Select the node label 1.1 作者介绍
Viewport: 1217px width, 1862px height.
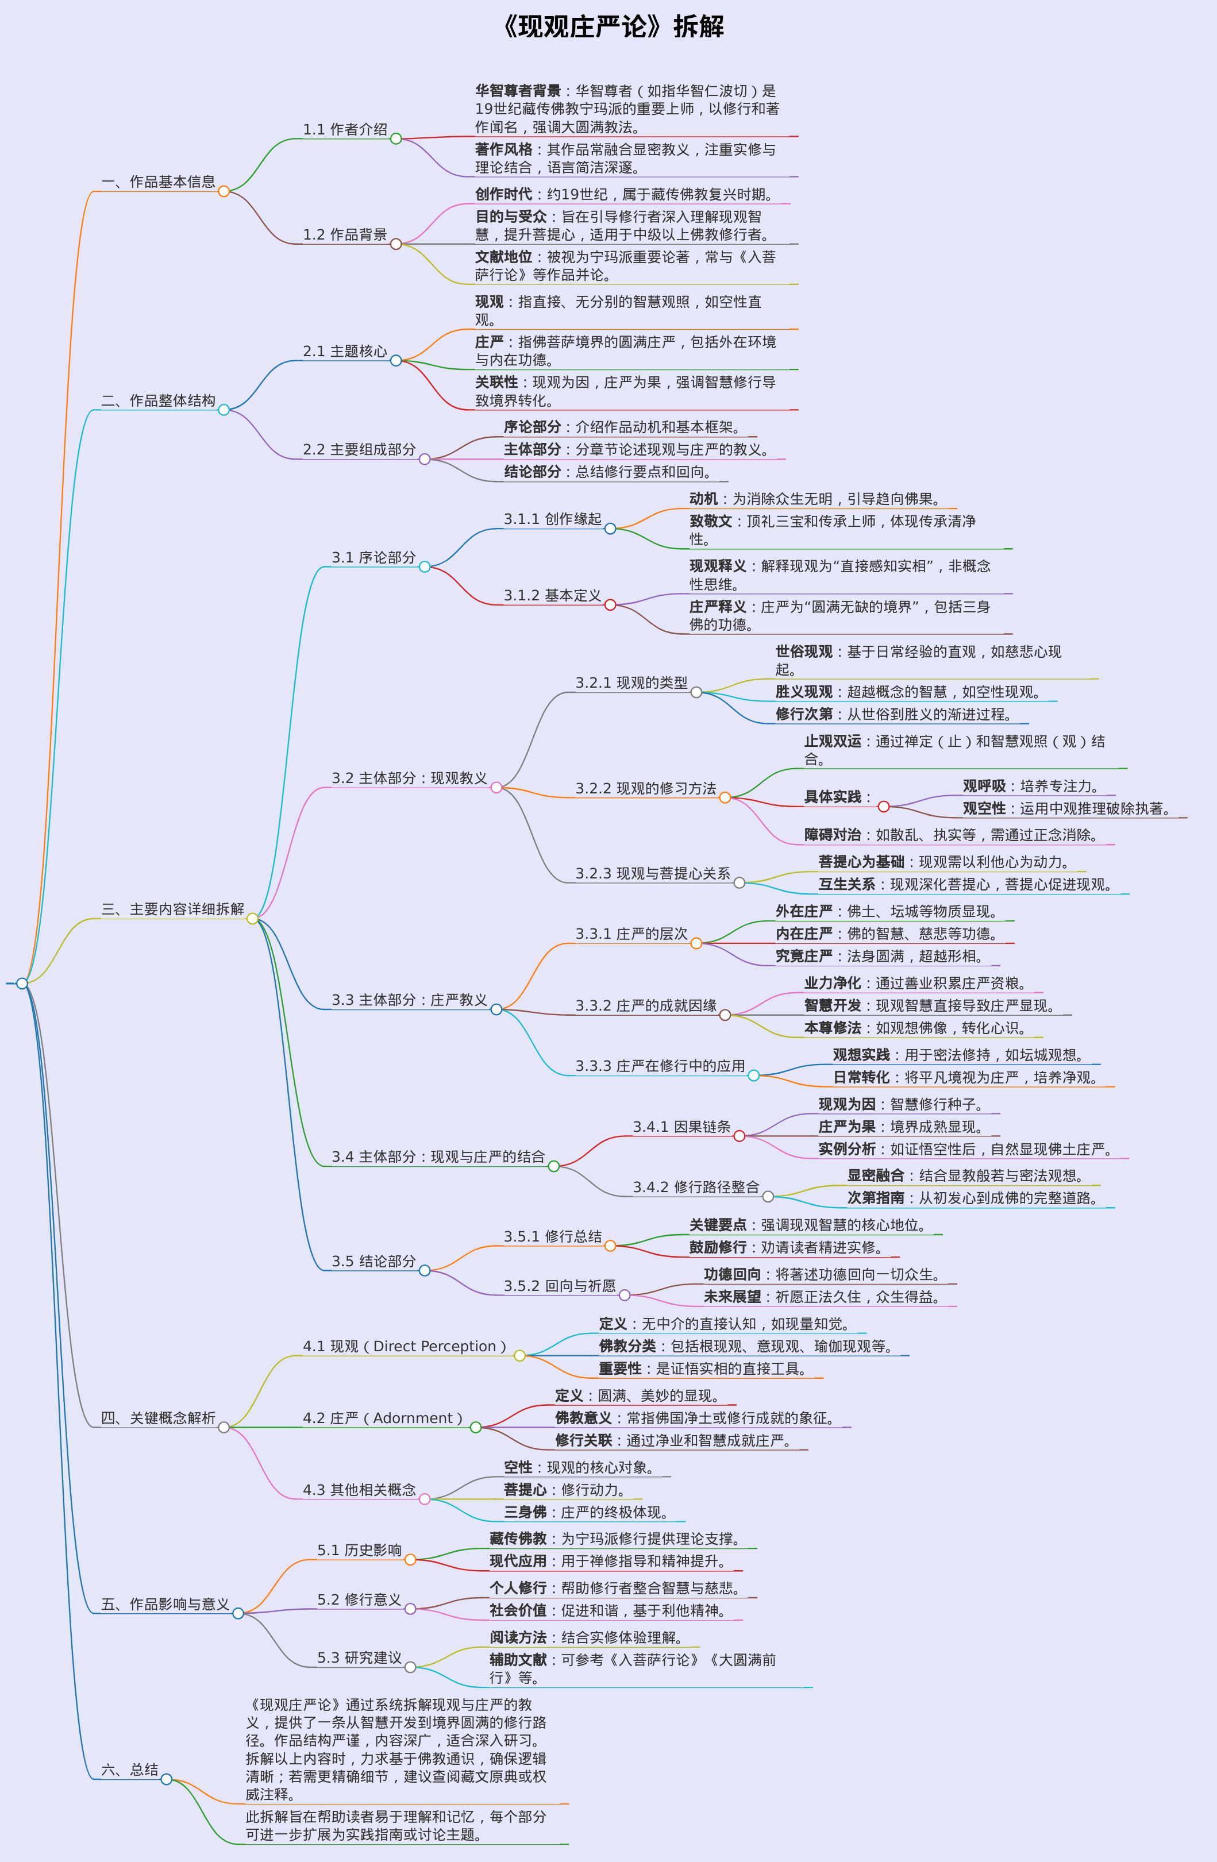pos(345,130)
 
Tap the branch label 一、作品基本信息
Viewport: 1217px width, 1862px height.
pos(158,182)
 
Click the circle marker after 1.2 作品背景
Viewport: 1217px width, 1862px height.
pos(396,244)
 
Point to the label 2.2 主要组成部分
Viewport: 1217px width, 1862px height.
pos(359,450)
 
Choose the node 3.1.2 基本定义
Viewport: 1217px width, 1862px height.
pos(553,595)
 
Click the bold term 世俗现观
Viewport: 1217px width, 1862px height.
pos(804,651)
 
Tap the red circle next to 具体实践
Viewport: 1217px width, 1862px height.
pos(884,807)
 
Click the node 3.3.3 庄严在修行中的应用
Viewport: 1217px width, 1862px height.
pos(660,1066)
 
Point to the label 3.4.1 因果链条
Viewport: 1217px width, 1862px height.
pos(681,1127)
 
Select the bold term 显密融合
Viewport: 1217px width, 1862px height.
pos(875,1175)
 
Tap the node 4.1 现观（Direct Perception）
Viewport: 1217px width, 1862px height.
pos(404,1347)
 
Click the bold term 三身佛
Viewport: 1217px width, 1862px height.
pos(525,1512)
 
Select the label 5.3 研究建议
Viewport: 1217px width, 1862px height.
pos(359,1658)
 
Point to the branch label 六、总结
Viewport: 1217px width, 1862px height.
pos(130,1770)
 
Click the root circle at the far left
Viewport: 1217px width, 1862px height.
pos(22,984)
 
